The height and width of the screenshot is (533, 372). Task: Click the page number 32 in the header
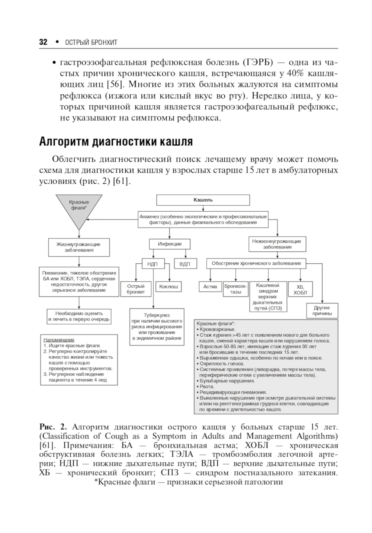pos(43,42)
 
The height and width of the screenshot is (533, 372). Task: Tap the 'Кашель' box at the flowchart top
pos(203,200)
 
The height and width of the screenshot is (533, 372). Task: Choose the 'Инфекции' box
pos(170,244)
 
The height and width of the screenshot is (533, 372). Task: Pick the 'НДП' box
pos(153,264)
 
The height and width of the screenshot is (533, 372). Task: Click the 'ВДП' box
pos(185,264)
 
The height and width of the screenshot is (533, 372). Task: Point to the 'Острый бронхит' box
pos(136,289)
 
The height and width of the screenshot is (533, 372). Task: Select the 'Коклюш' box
pos(169,287)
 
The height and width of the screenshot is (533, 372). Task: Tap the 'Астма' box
pos(210,287)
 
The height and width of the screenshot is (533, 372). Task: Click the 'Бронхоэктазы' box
pos(235,289)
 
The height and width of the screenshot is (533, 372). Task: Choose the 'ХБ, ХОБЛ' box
pos(300,289)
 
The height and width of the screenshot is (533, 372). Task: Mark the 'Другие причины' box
pos(322,311)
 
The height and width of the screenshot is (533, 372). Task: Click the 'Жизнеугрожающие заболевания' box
pos(78,247)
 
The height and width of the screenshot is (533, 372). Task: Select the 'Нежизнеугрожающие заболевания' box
pos(277,244)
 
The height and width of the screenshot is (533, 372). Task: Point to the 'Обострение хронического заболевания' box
pos(256,264)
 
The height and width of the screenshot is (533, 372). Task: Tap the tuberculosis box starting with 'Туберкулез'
pos(157,327)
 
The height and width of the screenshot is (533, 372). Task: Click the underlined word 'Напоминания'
pos(59,340)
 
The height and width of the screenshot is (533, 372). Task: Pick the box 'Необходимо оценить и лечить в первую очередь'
pos(79,316)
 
